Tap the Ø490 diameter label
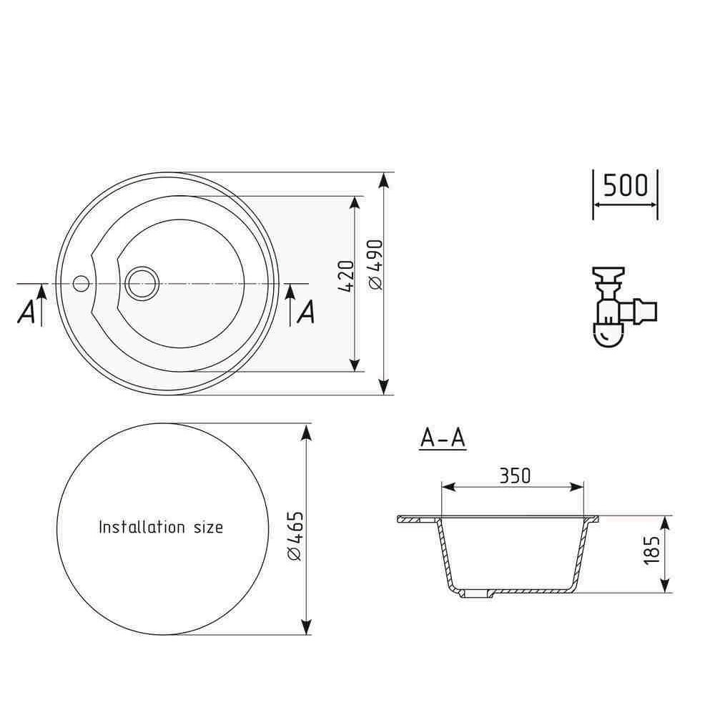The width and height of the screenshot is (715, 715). (376, 265)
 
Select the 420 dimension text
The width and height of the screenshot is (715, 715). (347, 276)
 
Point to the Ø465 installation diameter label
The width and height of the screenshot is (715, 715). (295, 536)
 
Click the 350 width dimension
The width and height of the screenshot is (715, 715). (516, 476)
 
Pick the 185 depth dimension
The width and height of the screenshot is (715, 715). (651, 551)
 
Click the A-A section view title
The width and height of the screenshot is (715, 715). (443, 438)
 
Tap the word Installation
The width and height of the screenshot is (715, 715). (142, 527)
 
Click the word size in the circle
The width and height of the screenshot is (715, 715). (208, 528)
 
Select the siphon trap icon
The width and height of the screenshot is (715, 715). (623, 307)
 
